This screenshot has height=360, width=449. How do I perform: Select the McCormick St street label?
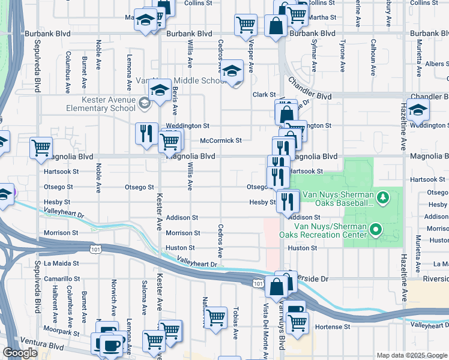[x=220, y=140]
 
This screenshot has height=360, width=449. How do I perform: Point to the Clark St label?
[x=263, y=94]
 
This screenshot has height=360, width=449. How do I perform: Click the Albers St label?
[x=434, y=64]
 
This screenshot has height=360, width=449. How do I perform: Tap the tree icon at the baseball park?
[x=382, y=197]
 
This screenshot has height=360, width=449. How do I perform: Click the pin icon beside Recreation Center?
[x=376, y=229]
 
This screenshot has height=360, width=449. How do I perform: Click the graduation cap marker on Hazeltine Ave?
[x=418, y=109]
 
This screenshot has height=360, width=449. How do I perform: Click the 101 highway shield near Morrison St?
[x=95, y=248]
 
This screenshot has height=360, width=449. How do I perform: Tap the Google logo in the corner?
[x=20, y=353]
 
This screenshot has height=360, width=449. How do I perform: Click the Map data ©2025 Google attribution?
[x=411, y=355]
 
